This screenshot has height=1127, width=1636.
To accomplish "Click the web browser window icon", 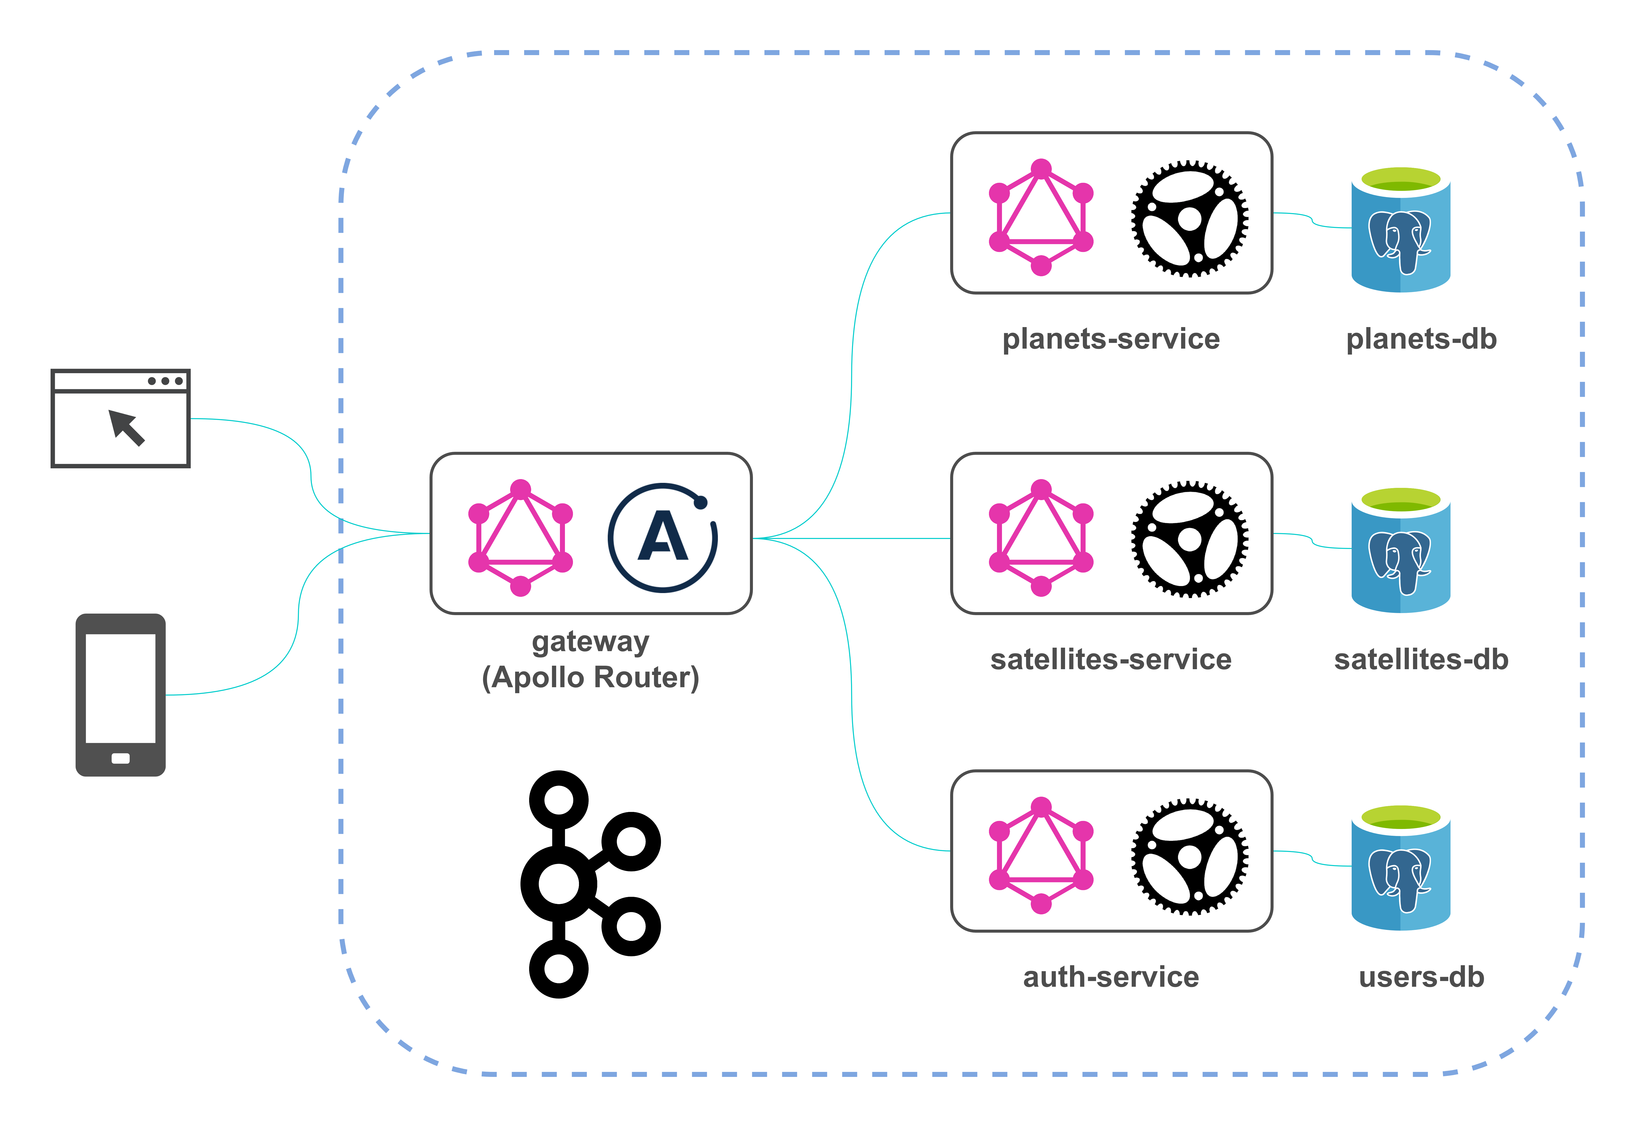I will (x=121, y=418).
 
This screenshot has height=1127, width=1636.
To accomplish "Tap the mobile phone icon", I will (x=121, y=695).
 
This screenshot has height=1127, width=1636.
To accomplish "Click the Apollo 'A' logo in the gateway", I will (x=662, y=538).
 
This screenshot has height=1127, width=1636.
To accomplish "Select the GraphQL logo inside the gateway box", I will (x=520, y=538).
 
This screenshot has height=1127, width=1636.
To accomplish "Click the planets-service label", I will (x=1111, y=339).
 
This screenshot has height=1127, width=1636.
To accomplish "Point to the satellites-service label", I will (x=1111, y=659).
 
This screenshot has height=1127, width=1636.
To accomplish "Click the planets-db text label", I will (x=1421, y=339).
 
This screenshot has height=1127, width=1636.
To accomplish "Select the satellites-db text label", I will (x=1421, y=659).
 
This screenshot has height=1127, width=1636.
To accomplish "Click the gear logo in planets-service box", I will (x=1189, y=218).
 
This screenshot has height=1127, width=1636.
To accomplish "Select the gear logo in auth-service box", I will (x=1189, y=857).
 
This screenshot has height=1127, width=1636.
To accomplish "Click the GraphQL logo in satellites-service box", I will (x=1041, y=538).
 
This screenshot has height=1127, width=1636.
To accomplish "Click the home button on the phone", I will (x=121, y=758).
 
